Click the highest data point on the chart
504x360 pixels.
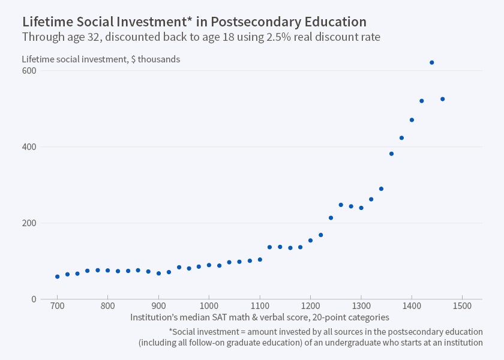tap(431, 62)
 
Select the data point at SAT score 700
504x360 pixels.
tap(58, 277)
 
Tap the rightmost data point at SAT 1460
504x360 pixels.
tap(442, 99)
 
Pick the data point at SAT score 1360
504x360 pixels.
tap(391, 154)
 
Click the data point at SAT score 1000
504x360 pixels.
tap(209, 265)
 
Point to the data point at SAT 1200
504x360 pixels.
tap(310, 240)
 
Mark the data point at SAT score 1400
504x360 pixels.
tap(412, 120)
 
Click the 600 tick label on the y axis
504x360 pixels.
tap(29, 71)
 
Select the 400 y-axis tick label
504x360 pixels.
tap(29, 147)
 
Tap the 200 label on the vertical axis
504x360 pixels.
tap(29, 223)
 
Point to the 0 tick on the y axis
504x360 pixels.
tap(34, 299)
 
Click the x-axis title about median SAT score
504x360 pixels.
tap(260, 317)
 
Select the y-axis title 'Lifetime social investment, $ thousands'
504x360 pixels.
tap(101, 59)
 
